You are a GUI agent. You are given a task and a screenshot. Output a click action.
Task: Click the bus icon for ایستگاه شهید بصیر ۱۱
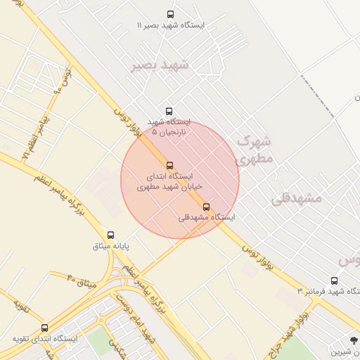click(170, 14)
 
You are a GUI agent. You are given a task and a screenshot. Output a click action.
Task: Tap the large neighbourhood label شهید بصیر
click(160, 65)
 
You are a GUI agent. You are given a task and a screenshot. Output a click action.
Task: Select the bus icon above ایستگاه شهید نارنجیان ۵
click(169, 111)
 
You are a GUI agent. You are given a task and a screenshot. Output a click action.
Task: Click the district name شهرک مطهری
click(252, 149)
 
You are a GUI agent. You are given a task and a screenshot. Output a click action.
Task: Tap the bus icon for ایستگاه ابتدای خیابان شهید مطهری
click(169, 165)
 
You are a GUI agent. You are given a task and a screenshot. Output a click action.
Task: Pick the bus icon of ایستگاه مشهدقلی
click(206, 207)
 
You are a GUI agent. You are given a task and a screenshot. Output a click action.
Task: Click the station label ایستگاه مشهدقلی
click(207, 218)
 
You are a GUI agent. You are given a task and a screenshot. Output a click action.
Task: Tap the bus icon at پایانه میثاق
click(110, 235)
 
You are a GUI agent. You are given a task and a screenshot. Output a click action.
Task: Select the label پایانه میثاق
click(111, 246)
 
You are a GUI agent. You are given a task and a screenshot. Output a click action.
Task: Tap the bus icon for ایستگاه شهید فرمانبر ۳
click(333, 280)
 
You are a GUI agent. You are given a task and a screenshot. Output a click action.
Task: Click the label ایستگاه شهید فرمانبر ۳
click(328, 291)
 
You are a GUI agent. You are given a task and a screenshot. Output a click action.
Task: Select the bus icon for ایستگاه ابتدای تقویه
click(45, 328)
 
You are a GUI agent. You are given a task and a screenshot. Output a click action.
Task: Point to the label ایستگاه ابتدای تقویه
click(45, 339)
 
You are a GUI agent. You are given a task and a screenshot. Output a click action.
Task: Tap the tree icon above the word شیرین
click(354, 340)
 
